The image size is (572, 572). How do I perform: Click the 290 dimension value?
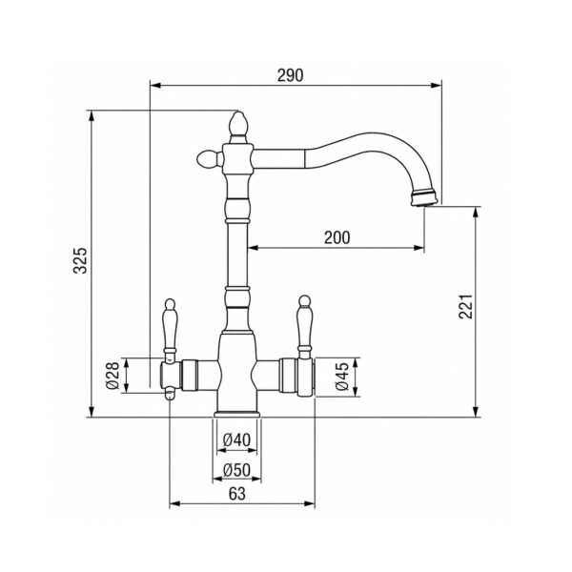point(290,75)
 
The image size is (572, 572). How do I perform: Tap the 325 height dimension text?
point(80,260)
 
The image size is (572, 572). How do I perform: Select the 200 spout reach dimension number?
point(337,237)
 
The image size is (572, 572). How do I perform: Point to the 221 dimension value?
point(465,306)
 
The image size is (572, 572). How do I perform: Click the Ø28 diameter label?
point(113,376)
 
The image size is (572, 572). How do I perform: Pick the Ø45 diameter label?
point(342,377)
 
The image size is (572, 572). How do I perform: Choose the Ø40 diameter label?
point(236,439)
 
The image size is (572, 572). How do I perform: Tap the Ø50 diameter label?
point(236,470)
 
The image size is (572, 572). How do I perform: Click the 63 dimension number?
point(237,494)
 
